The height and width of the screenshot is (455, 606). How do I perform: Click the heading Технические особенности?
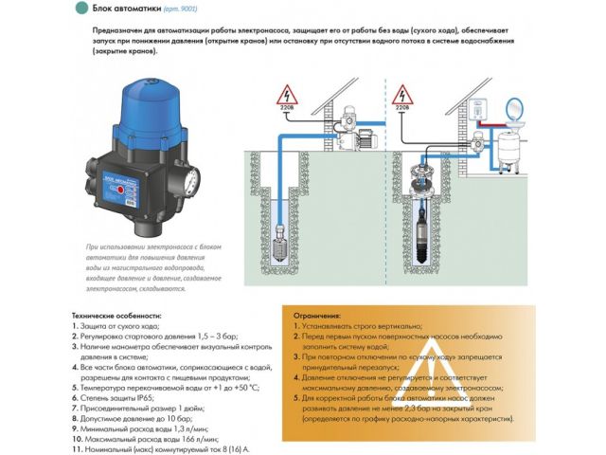click(x=116, y=315)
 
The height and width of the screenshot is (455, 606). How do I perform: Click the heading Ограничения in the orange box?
click(x=317, y=315)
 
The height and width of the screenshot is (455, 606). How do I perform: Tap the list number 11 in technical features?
click(x=76, y=450)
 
